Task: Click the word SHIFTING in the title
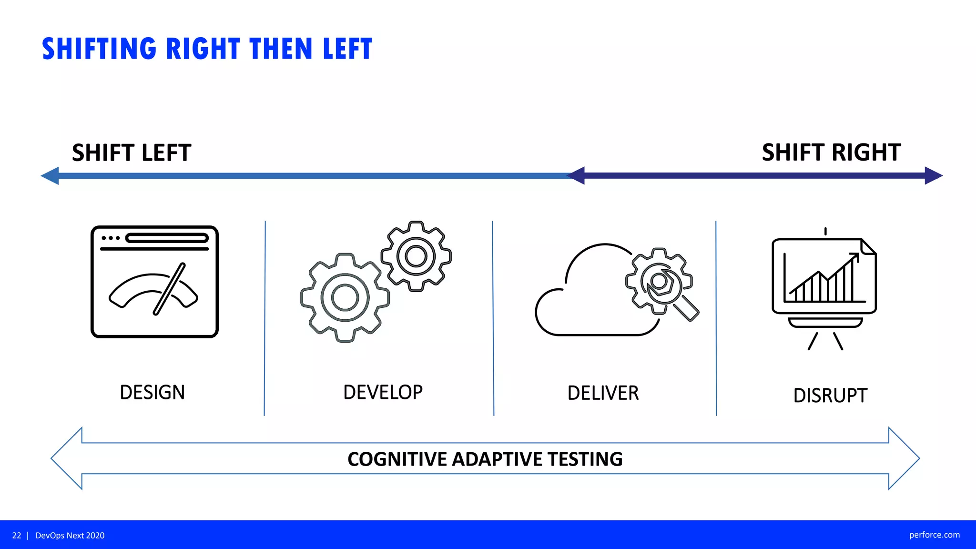tap(99, 49)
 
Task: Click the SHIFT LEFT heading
tap(132, 153)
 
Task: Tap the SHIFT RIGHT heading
tap(831, 152)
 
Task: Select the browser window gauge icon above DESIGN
tap(154, 282)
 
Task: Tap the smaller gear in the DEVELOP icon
tap(416, 256)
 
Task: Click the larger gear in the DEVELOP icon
tap(345, 297)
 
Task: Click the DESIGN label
tap(152, 393)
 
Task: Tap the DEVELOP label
tap(383, 392)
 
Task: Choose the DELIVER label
tap(603, 393)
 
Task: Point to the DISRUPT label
tap(830, 396)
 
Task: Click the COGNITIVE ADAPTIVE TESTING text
tap(485, 459)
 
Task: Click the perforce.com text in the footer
tap(934, 535)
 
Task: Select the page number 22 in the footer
tap(17, 535)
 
